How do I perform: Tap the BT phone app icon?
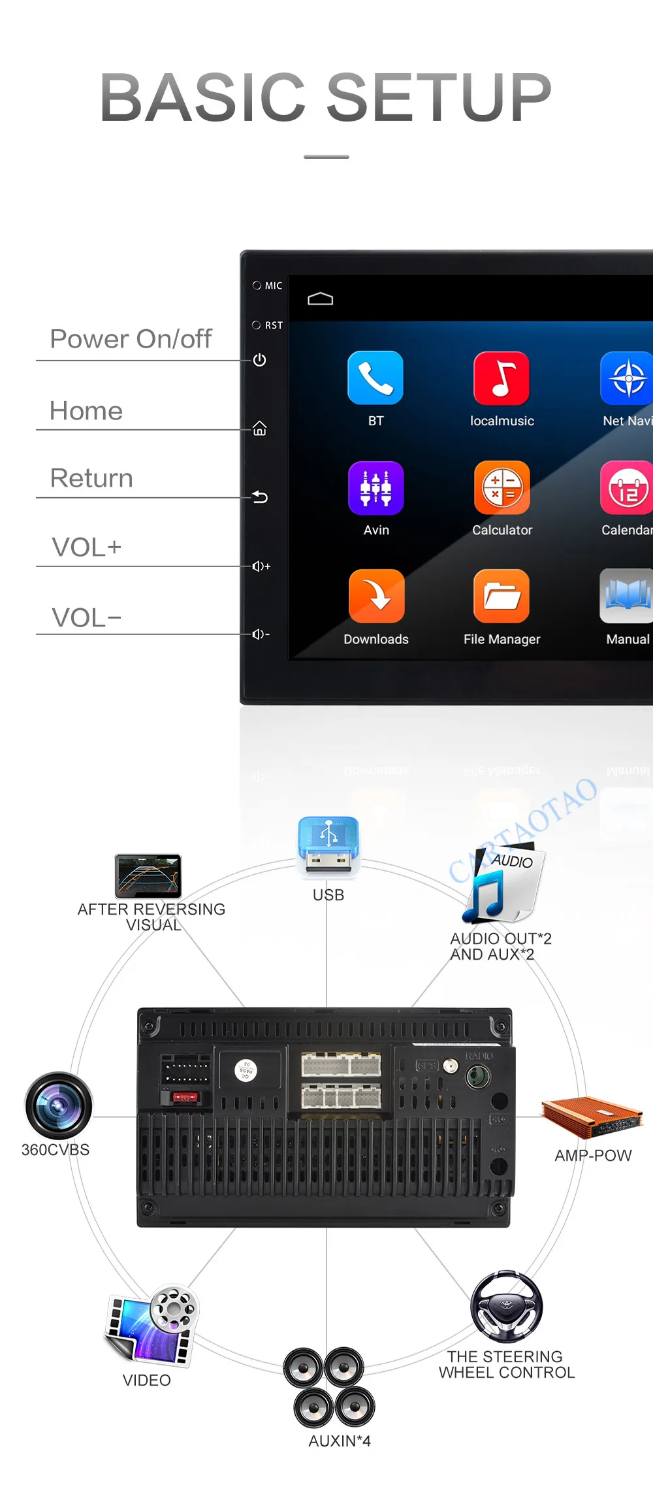point(375,378)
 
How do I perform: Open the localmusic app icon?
point(502,378)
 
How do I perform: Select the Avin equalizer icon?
point(376,488)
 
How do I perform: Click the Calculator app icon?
point(502,487)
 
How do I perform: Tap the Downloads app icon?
point(376,596)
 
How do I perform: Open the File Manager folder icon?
point(502,596)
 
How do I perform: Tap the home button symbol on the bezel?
point(260,429)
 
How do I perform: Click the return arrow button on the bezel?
point(260,497)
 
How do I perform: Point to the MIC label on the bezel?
point(274,286)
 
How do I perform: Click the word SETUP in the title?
point(439,97)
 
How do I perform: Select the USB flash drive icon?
point(328,845)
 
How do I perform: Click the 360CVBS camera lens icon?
point(59,1105)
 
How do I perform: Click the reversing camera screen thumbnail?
point(148,876)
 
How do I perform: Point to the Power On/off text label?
point(131,339)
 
